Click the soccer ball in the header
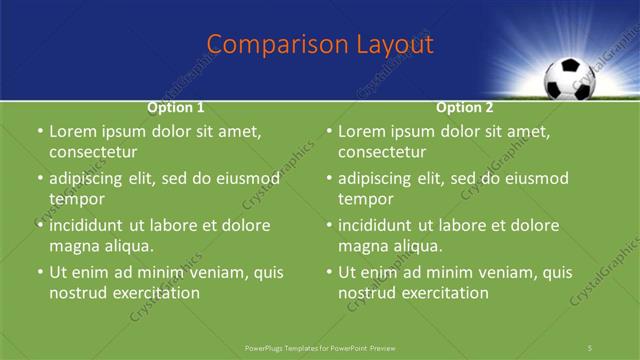coord(568,79)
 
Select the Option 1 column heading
coord(176,107)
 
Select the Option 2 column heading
coord(465,107)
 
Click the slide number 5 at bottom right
coord(591,347)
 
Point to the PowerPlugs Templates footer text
coord(320,347)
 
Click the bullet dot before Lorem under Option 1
coord(40,132)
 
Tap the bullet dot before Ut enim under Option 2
coord(329,272)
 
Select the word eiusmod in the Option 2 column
coord(535,179)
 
